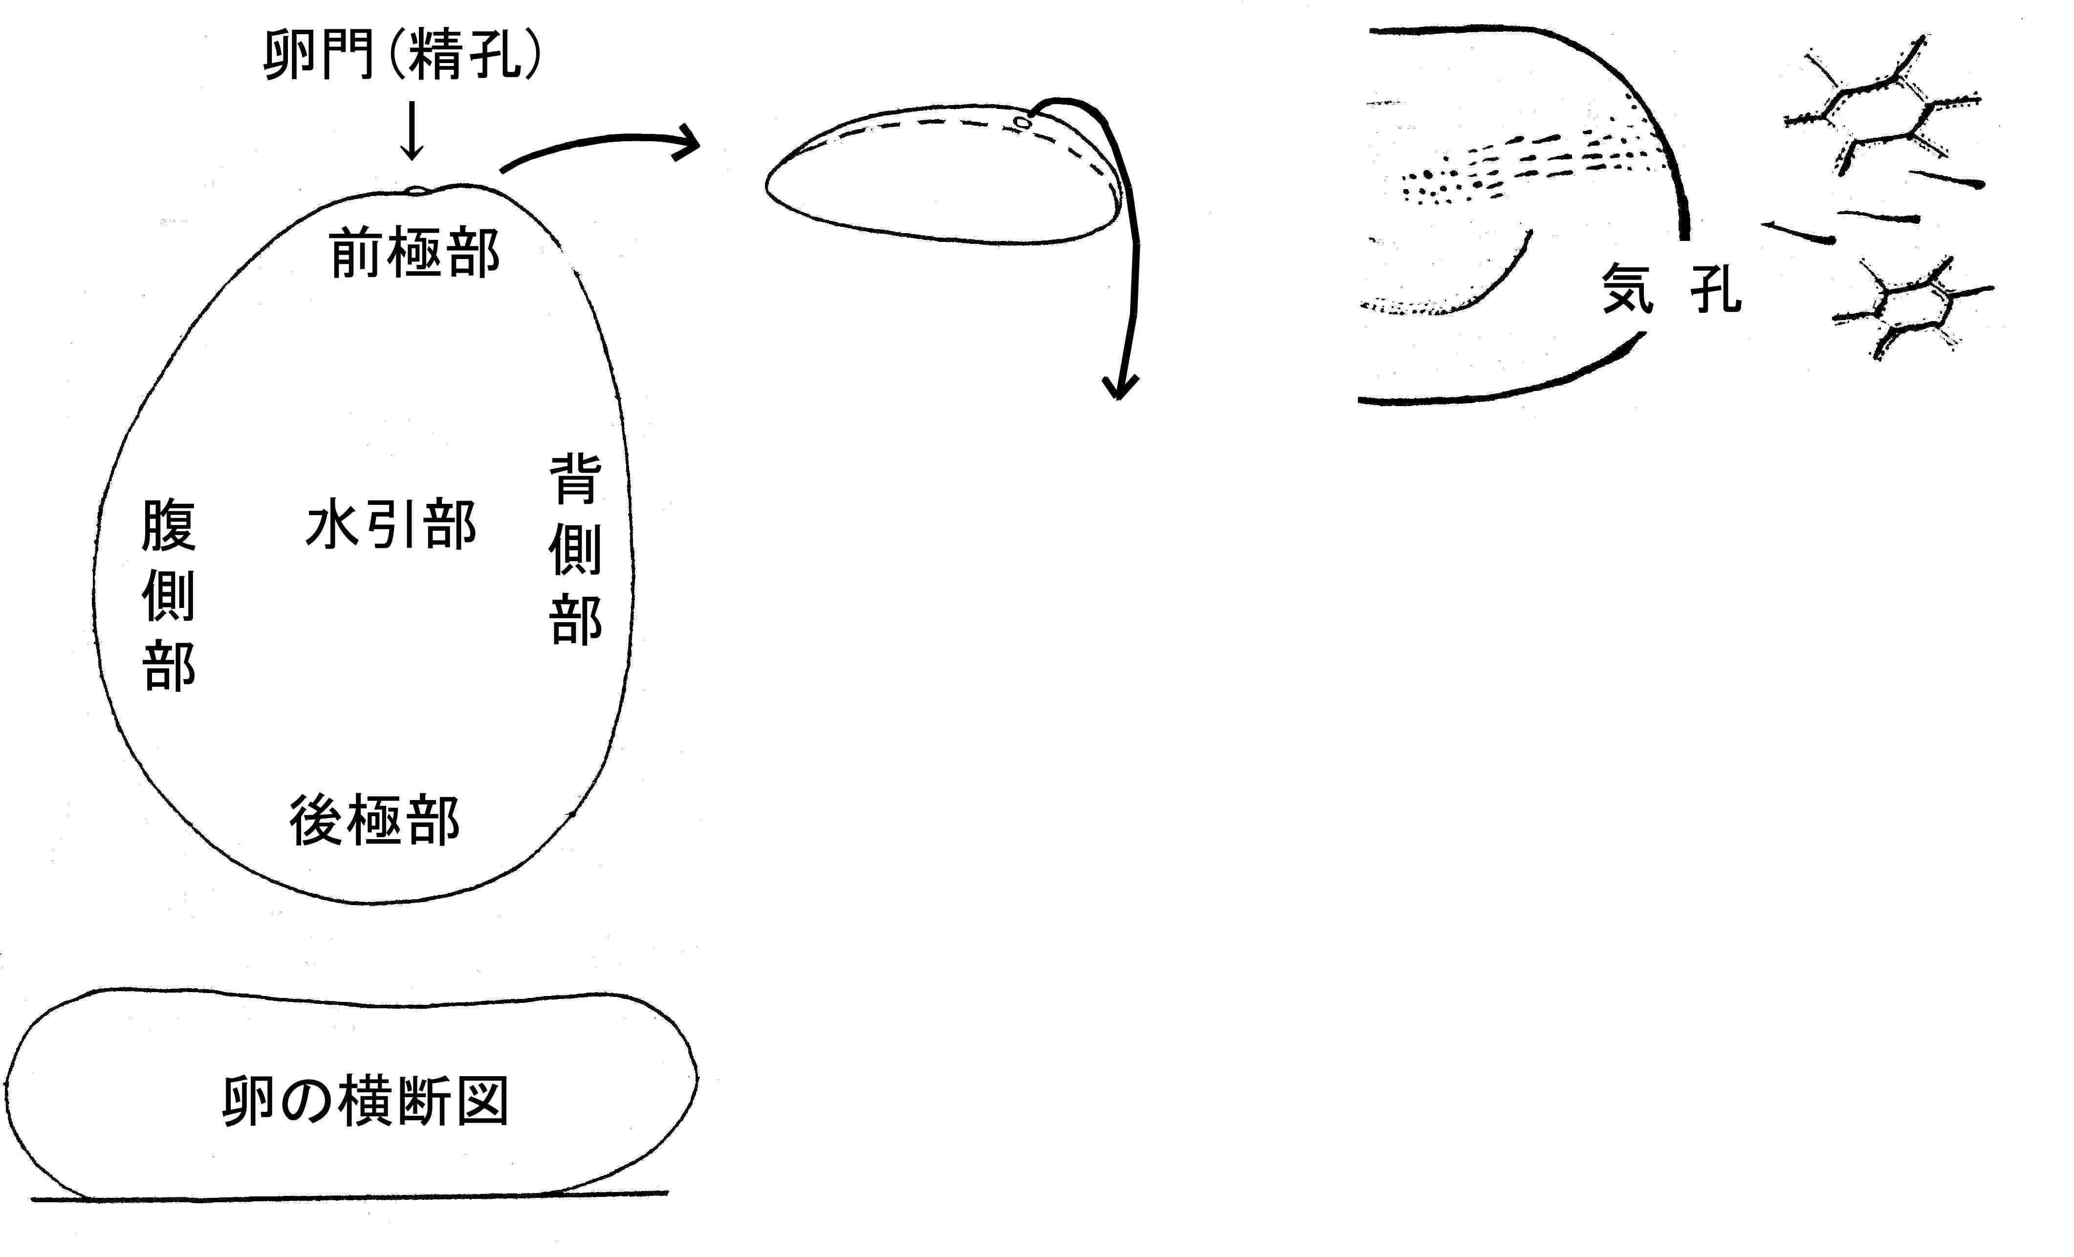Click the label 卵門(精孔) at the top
click(x=402, y=56)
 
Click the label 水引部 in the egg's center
click(x=392, y=525)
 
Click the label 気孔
click(x=1671, y=288)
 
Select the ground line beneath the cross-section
click(x=349, y=1195)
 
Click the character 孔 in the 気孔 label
click(x=1715, y=288)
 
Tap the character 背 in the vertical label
click(x=576, y=479)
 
